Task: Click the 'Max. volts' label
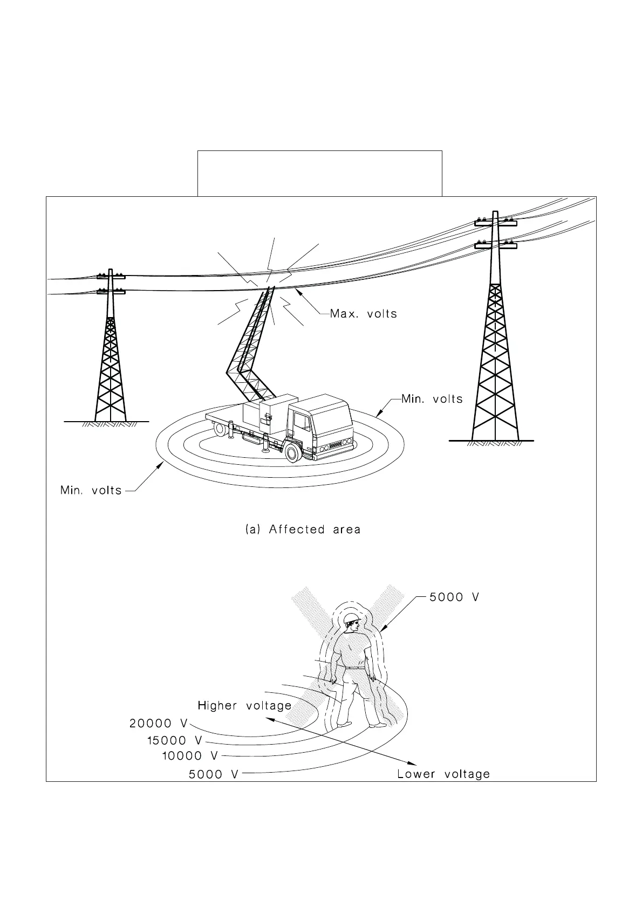coord(363,314)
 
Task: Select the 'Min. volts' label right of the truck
coord(432,399)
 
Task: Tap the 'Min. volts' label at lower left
coord(91,491)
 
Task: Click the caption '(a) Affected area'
coord(303,529)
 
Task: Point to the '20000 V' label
coord(158,724)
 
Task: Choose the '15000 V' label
coord(174,741)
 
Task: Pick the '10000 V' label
coord(190,756)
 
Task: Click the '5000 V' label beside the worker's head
coord(454,597)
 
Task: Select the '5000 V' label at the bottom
coord(213,774)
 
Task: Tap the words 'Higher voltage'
coord(244,705)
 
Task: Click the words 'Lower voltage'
coord(443,774)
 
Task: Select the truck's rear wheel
coord(220,429)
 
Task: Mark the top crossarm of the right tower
coord(495,222)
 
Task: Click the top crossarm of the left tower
coord(111,277)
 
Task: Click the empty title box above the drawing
coord(320,173)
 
